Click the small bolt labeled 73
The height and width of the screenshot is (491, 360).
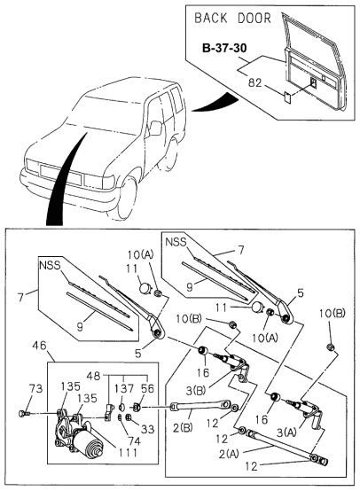click(x=24, y=413)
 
